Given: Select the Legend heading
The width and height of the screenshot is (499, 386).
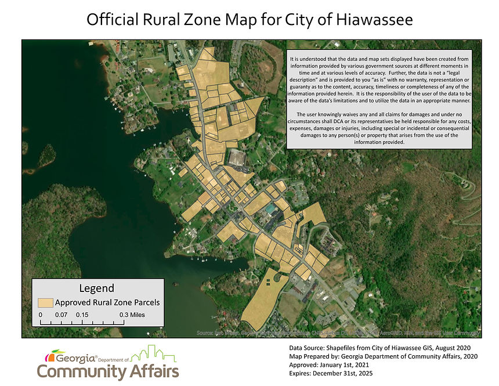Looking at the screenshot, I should (96, 288).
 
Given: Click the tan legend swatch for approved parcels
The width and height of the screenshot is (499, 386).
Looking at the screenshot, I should (45, 302).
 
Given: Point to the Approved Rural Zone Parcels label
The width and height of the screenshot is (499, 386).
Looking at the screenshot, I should (107, 302).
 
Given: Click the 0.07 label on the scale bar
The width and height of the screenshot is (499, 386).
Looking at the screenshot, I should (61, 315).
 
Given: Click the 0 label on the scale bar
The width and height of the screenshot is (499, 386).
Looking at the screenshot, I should (41, 315).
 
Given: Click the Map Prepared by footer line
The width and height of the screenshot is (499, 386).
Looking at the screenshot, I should (383, 356).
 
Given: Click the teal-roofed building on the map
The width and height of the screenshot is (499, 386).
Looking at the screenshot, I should (271, 208).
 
